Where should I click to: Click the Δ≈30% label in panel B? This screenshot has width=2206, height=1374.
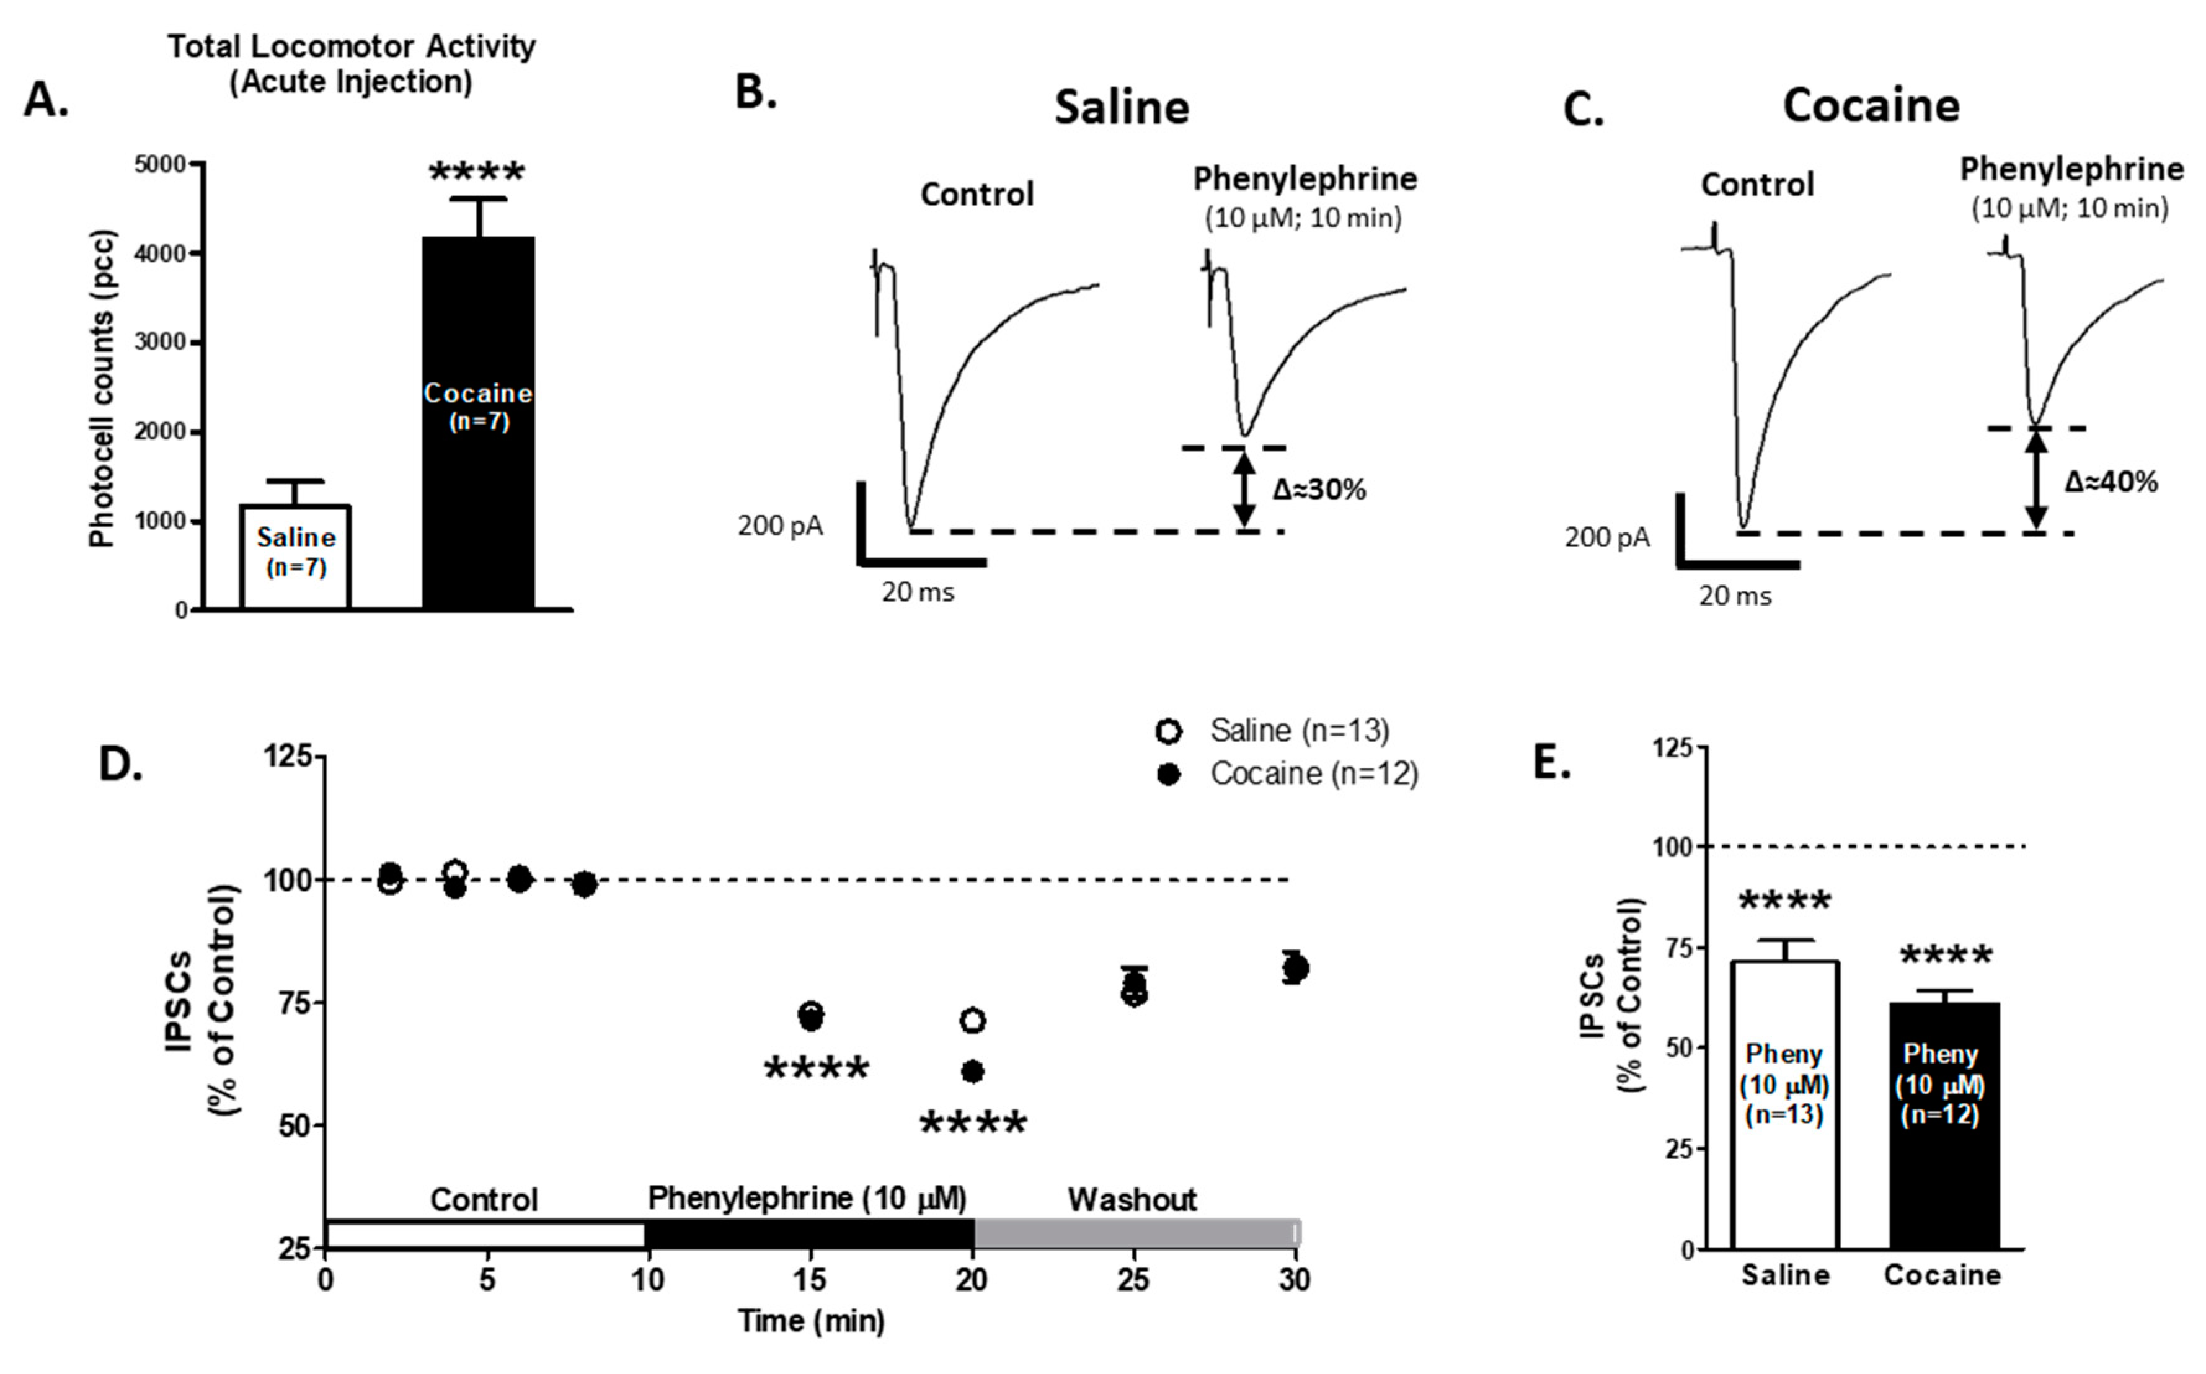[1319, 491]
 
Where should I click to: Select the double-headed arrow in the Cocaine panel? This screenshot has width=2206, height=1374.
[2036, 480]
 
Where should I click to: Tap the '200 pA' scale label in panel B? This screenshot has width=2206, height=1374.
[780, 526]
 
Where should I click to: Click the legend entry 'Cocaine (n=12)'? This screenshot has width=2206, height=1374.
[1313, 774]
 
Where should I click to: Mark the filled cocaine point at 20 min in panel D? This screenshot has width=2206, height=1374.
[973, 1072]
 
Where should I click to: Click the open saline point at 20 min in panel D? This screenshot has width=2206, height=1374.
[973, 1021]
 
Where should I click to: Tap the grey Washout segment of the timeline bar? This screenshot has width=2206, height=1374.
[1136, 1234]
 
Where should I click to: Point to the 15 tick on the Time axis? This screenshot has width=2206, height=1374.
[810, 1280]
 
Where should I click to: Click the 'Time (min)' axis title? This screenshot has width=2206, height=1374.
[811, 1320]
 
